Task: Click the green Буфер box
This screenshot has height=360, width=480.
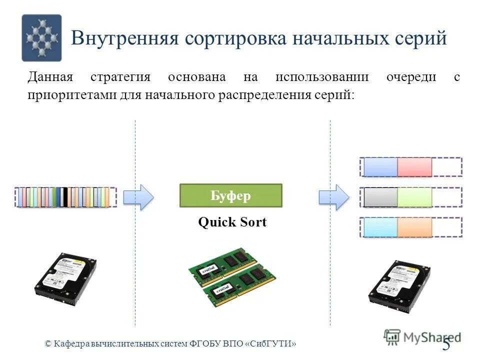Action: pos(230,195)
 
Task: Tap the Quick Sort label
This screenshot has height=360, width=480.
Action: pos(232,222)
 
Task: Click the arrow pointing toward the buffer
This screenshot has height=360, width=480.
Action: pos(138,197)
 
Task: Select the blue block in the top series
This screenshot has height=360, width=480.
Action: pos(380,167)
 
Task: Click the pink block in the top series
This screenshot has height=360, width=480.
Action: pos(414,167)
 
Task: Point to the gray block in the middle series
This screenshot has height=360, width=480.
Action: pos(380,197)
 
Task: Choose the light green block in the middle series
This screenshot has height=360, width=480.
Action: pos(414,197)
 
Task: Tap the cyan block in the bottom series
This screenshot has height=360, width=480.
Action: pos(380,227)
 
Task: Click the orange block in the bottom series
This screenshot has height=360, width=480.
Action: pos(414,227)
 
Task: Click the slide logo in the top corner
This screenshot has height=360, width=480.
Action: pos(41,38)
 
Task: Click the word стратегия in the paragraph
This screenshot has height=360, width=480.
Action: pos(120,77)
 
